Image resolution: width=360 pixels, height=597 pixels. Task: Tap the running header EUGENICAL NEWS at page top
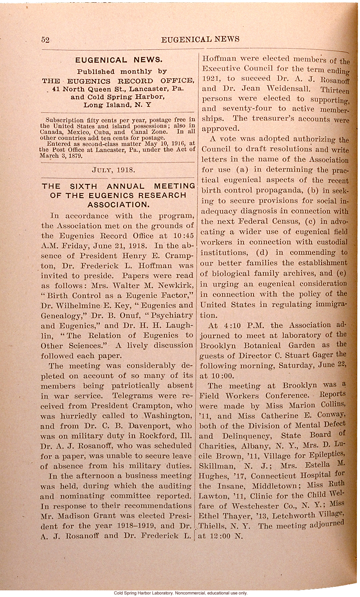coord(200,39)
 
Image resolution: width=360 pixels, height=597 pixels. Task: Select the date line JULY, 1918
coord(113,170)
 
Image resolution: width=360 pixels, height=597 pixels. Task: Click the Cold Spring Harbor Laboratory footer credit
coord(180,593)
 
